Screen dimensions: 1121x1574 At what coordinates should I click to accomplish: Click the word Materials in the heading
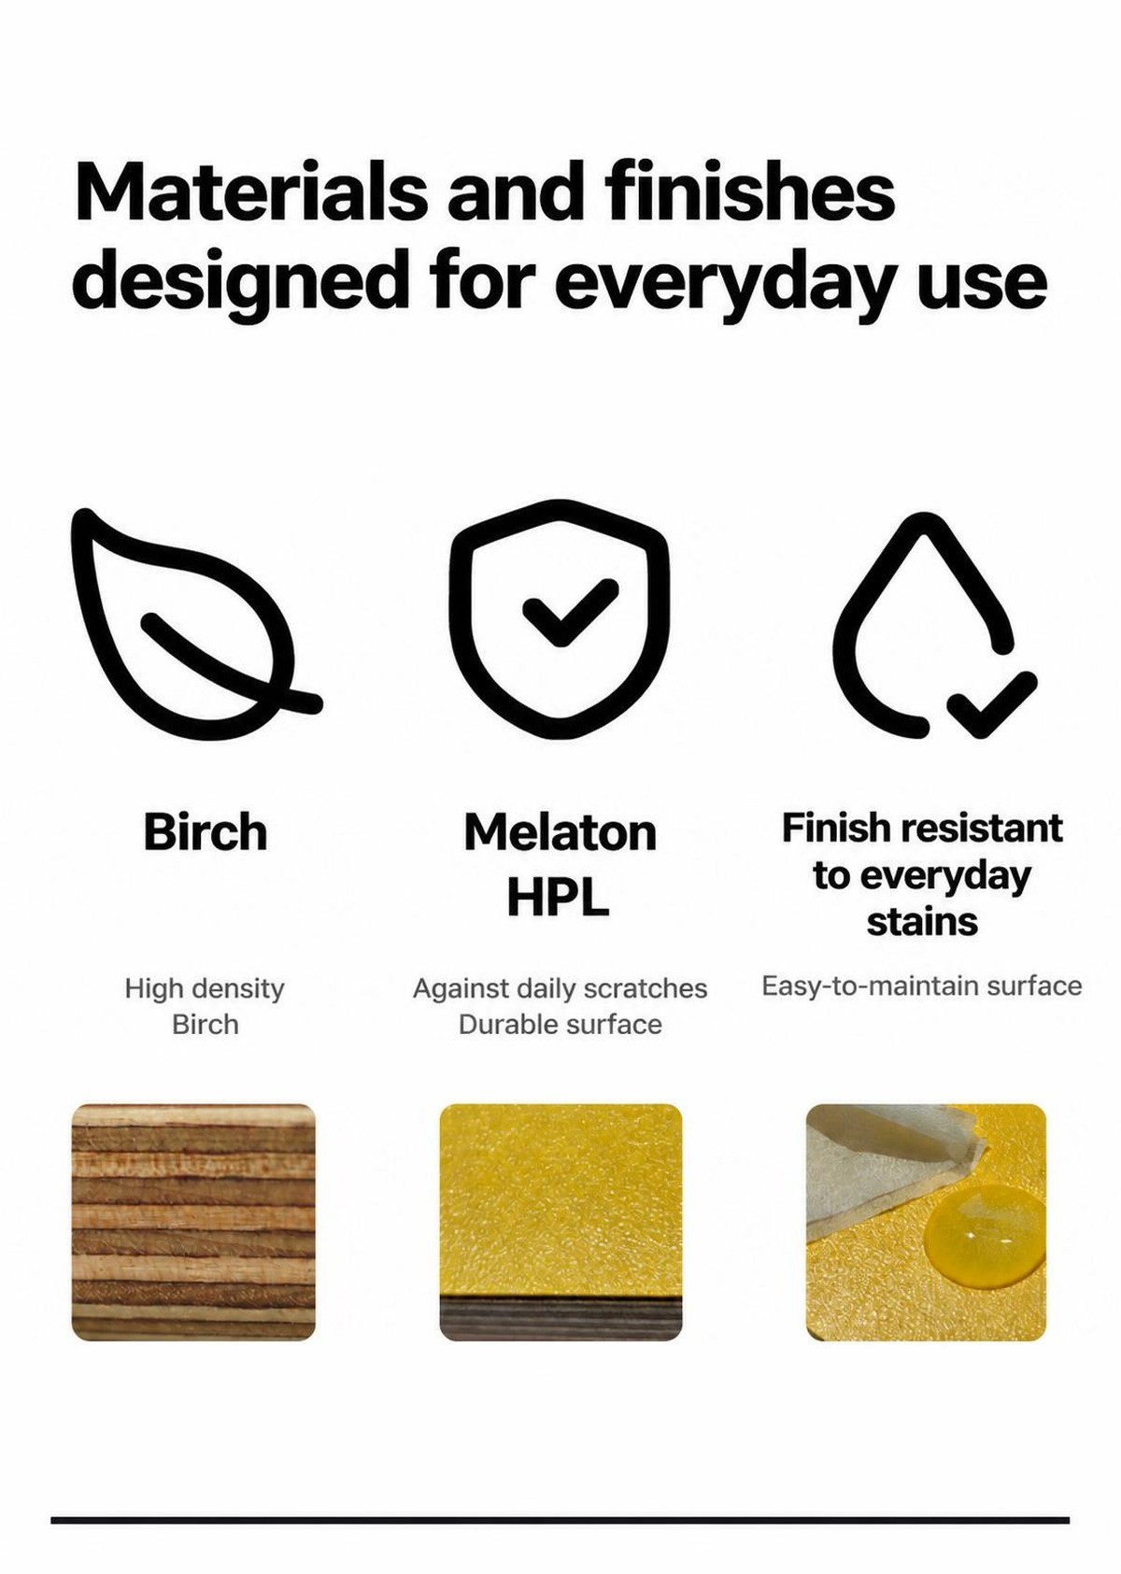tap(251, 191)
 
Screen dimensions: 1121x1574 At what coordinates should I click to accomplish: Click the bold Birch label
tap(206, 831)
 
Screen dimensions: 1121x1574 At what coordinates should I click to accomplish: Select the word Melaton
tap(560, 832)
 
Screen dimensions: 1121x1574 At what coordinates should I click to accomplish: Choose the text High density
tap(205, 988)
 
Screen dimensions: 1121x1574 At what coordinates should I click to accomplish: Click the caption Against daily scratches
tap(560, 988)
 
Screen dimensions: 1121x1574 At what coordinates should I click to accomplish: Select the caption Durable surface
tap(560, 1025)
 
